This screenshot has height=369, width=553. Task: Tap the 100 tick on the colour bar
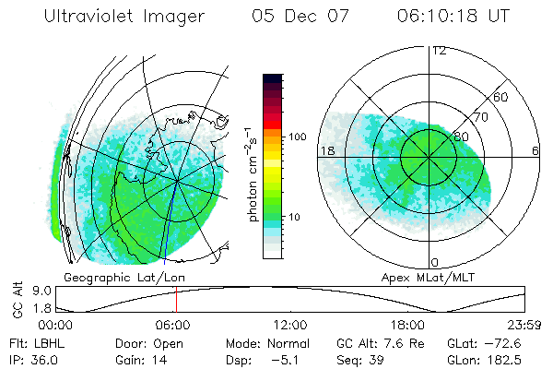(x=297, y=137)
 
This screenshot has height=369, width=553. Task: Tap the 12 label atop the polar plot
(x=439, y=51)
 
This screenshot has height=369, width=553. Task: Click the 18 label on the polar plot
(x=326, y=150)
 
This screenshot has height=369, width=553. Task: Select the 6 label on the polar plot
(x=535, y=150)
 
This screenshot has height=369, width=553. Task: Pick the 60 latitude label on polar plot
(x=501, y=97)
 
